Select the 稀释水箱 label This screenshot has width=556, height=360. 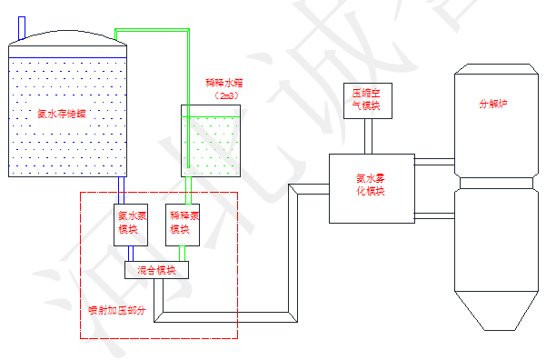click(x=224, y=83)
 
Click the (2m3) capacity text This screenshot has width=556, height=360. click(x=225, y=95)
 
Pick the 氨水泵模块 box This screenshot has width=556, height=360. click(x=128, y=223)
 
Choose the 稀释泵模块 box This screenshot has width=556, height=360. click(x=184, y=223)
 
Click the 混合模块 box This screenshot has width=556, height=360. click(x=156, y=270)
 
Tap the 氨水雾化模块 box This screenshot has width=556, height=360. click(x=371, y=186)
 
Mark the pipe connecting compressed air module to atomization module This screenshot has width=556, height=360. click(x=368, y=136)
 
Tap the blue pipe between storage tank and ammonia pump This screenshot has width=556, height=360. click(x=122, y=191)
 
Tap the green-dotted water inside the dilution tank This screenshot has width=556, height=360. click(x=213, y=145)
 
